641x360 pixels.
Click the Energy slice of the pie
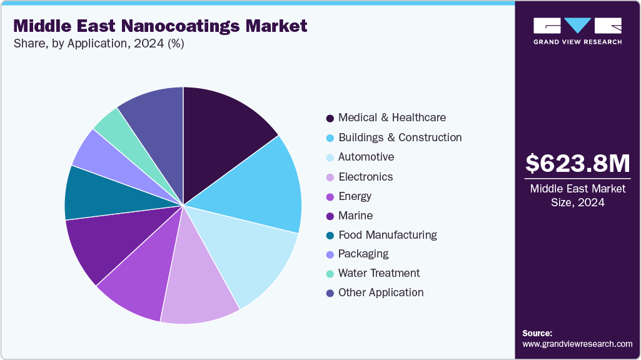(x=141, y=275)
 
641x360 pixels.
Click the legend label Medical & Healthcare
(x=392, y=117)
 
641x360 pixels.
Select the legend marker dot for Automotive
(x=330, y=157)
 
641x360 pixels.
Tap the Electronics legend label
(x=365, y=177)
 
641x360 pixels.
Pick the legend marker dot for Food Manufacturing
(x=330, y=236)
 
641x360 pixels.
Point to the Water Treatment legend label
(x=379, y=273)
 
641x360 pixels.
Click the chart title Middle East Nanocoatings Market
(x=160, y=26)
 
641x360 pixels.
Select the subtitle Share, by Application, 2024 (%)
(x=98, y=44)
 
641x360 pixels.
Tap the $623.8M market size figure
(x=577, y=163)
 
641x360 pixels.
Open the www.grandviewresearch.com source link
(x=577, y=344)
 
